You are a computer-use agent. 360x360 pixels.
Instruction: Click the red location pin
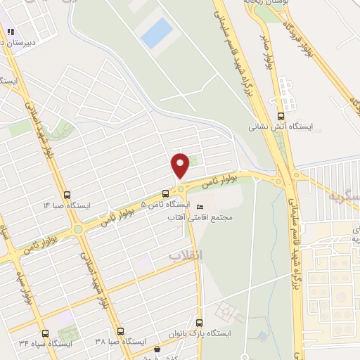pyautogui.click(x=181, y=164)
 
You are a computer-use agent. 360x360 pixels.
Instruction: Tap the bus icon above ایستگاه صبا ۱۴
pyautogui.click(x=67, y=195)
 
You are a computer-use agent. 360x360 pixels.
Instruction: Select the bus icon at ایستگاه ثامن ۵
pyautogui.click(x=165, y=193)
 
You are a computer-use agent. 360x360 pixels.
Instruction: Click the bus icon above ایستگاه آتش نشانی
pyautogui.click(x=281, y=117)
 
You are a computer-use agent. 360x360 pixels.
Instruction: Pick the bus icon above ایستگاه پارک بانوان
pyautogui.click(x=199, y=322)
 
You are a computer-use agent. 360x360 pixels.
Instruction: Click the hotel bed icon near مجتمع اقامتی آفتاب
pyautogui.click(x=200, y=207)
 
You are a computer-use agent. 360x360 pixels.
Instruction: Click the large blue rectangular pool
pyautogui.click(x=157, y=33)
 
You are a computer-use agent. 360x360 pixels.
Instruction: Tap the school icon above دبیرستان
pyautogui.click(x=11, y=32)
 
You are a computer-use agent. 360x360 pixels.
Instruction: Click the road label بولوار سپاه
pyautogui.click(x=17, y=278)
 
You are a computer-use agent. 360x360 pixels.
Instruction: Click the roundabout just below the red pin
pyautogui.click(x=181, y=188)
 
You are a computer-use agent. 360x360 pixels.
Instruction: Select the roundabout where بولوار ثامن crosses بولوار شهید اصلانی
pyautogui.click(x=77, y=229)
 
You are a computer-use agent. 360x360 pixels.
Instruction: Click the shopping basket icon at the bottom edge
pyautogui.click(x=157, y=348)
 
